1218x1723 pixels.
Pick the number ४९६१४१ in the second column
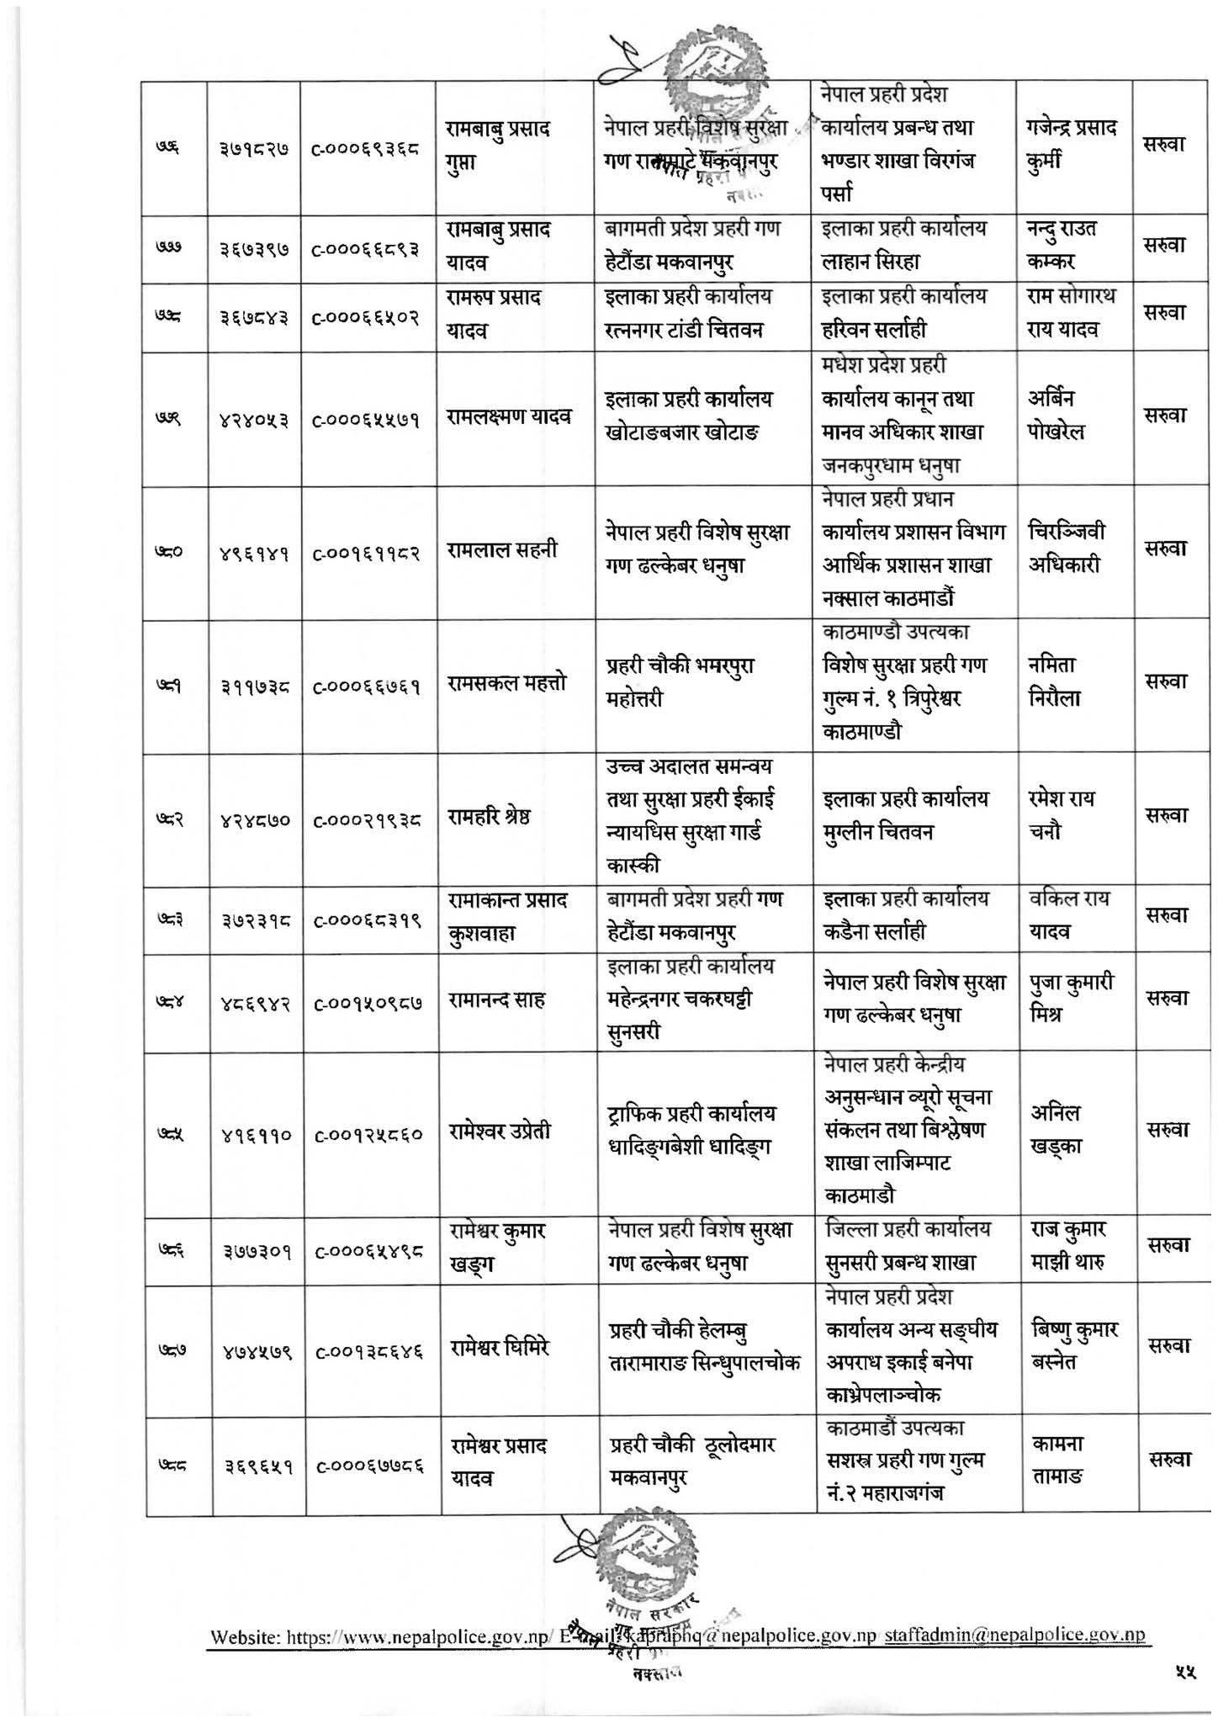click(x=255, y=553)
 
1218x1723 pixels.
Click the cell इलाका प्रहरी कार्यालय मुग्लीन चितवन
click(x=907, y=814)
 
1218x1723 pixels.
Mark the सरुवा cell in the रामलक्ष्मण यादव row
click(x=1166, y=415)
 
